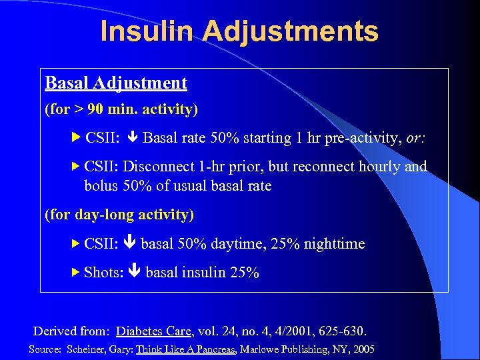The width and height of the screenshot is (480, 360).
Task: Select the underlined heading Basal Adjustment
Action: [116, 83]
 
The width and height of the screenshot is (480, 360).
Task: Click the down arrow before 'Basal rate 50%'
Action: [132, 139]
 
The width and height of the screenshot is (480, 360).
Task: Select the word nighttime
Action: [334, 244]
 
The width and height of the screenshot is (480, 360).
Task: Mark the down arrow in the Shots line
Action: [134, 273]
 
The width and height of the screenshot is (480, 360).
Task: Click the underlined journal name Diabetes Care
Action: [153, 331]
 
